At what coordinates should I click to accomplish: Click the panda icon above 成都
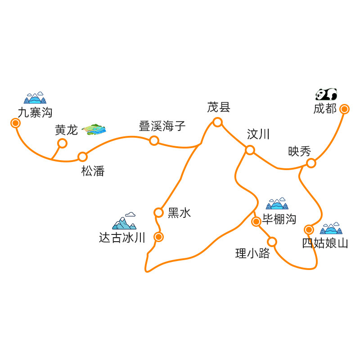[x=326, y=94]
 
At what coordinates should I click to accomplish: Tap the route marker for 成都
[x=344, y=109]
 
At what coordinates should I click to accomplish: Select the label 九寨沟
[x=35, y=112]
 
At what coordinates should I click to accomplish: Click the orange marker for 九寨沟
[x=16, y=123]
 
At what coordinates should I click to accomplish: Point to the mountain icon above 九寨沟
[x=35, y=98]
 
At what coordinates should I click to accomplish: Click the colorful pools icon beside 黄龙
[x=94, y=130]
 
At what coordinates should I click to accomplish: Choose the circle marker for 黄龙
[x=63, y=143]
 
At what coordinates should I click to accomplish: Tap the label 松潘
[x=93, y=171]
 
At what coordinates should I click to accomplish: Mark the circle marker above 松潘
[x=82, y=157]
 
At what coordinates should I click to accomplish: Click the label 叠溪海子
[x=162, y=126]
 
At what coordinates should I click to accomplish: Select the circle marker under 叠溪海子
[x=154, y=141]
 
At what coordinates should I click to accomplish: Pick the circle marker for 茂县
[x=217, y=122]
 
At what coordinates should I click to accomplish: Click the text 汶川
[x=258, y=134]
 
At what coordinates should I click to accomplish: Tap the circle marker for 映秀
[x=311, y=163]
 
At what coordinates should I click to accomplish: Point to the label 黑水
[x=179, y=213]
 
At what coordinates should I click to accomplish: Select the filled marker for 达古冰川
[x=158, y=237]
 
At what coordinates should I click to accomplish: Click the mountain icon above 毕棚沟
[x=277, y=204]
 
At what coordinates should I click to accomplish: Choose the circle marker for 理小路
[x=272, y=242]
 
